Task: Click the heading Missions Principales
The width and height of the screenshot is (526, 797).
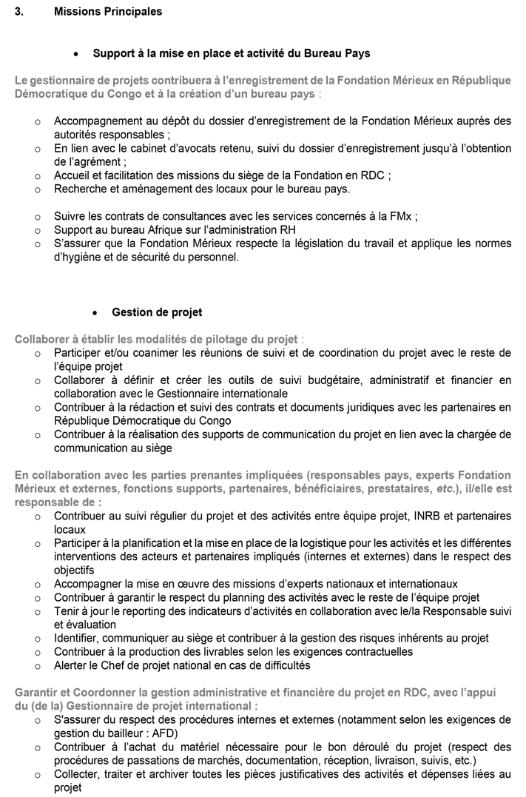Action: [108, 12]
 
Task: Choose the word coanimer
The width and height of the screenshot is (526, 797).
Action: [147, 353]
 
